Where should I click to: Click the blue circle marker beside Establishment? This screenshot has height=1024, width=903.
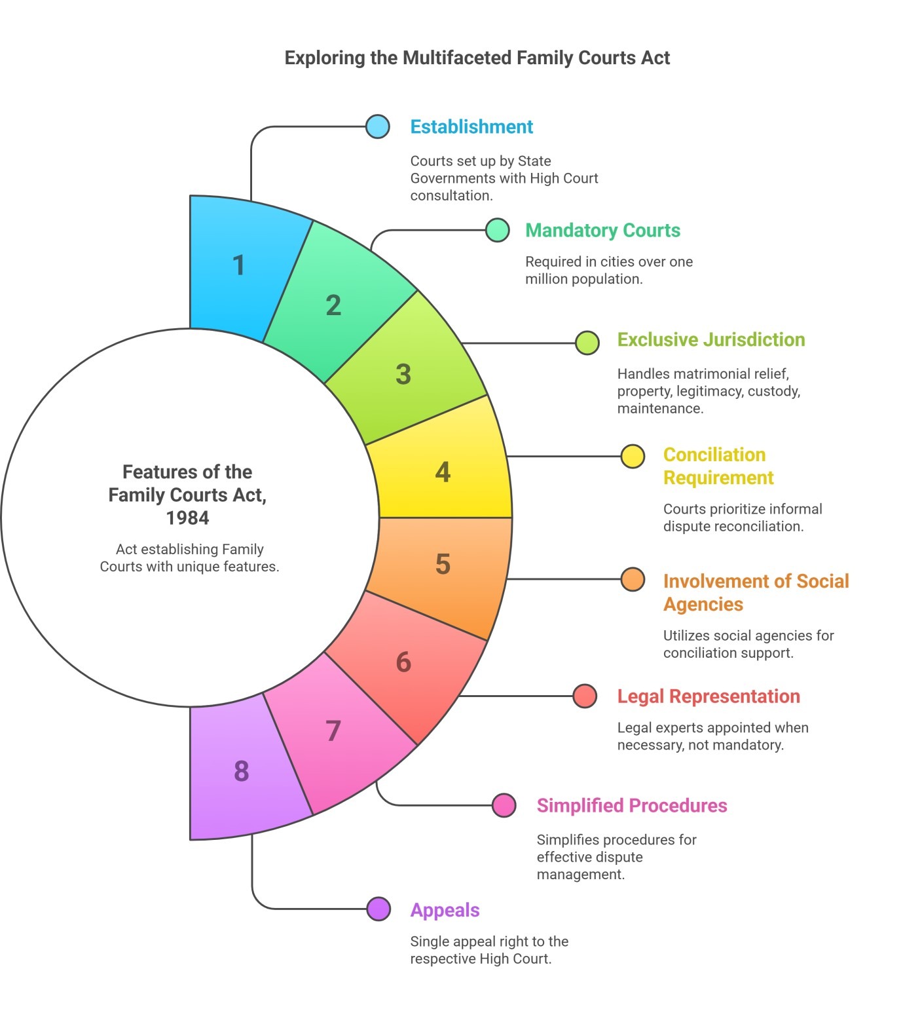378,126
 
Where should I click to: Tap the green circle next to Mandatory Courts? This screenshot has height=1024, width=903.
498,230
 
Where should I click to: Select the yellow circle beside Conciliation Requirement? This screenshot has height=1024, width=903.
633,456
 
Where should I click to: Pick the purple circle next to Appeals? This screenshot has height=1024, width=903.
378,909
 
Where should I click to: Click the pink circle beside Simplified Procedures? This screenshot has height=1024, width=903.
504,805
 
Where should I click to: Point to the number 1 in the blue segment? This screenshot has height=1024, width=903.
239,265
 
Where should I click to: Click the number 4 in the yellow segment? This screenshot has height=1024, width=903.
443,472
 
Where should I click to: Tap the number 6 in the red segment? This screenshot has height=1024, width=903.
404,662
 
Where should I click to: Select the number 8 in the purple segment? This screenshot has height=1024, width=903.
242,771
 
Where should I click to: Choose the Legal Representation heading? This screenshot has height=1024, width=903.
709,696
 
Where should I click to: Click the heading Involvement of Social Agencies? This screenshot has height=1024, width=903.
756,592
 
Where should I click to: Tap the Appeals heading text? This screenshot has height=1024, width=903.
445,910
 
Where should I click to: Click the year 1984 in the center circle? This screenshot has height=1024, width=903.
187,518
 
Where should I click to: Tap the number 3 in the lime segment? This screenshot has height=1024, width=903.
403,374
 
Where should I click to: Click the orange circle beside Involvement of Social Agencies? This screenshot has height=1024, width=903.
633,579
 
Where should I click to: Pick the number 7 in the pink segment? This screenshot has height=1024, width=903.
333,730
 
